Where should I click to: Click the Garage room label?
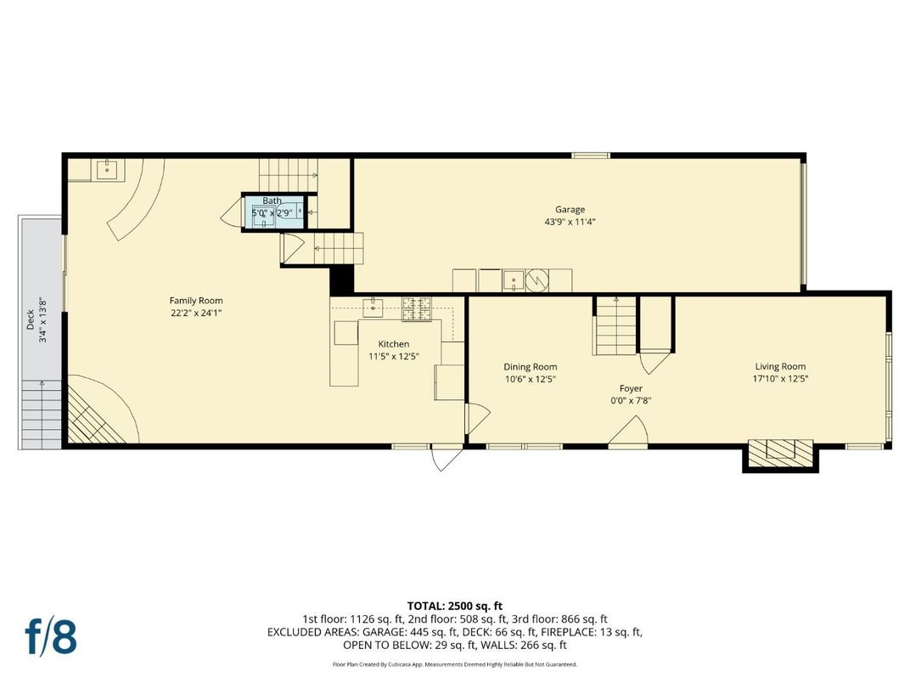570,210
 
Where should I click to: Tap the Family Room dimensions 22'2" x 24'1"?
196,313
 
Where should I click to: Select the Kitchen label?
393,344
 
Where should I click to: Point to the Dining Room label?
531,367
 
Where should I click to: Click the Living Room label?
780,367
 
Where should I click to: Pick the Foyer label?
631,388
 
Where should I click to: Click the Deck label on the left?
30,319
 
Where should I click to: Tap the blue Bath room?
273,212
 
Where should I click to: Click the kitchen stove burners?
418,308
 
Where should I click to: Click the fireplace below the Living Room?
780,452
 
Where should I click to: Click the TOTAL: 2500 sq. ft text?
455,606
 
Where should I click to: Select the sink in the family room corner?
108,170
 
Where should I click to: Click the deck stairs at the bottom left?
42,412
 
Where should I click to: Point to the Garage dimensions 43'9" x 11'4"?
570,223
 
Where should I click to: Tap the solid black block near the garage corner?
341,279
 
